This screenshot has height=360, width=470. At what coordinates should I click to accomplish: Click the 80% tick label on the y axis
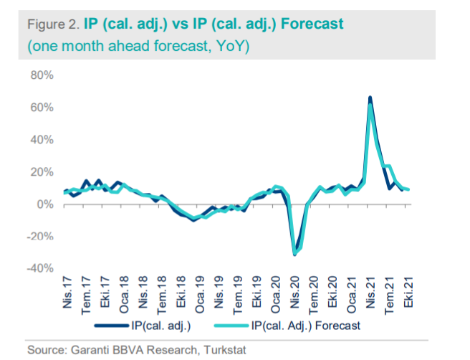pos(37,75)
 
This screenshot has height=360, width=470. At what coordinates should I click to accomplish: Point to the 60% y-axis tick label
pos(37,108)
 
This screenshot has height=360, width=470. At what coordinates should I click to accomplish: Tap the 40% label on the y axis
pos(37,140)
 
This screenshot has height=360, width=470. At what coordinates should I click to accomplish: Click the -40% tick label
pos(36,268)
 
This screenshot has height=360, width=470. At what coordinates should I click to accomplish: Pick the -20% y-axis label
pos(36,236)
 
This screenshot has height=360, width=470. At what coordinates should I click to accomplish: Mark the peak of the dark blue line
pos(370,98)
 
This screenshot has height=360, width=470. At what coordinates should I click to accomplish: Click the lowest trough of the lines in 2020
pos(294,254)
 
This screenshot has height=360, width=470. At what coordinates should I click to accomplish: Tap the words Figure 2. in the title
pos(50,24)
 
